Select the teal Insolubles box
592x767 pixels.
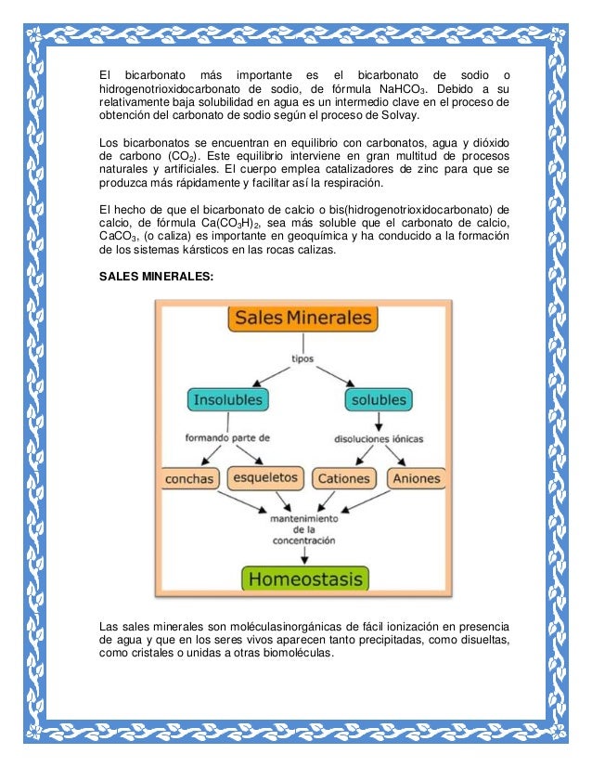pyautogui.click(x=228, y=400)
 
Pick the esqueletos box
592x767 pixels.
pyautogui.click(x=266, y=477)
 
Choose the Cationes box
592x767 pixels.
pyautogui.click(x=343, y=479)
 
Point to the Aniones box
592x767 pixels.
pyautogui.click(x=417, y=479)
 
